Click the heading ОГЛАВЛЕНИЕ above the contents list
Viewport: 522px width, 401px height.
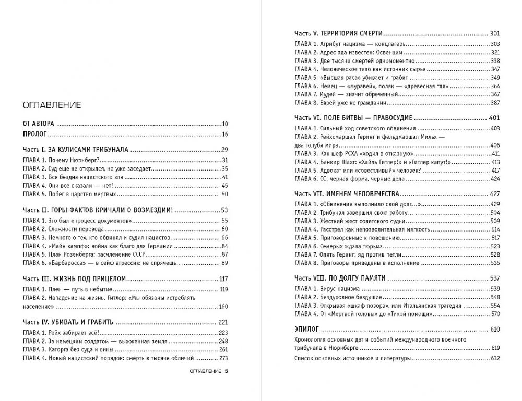[x=52, y=105]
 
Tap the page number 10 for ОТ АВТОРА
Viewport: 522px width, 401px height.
[x=226, y=124]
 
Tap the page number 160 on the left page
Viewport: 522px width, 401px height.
[x=223, y=306]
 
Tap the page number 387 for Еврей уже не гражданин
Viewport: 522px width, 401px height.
[x=495, y=103]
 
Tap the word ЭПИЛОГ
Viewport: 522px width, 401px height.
[x=306, y=330]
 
